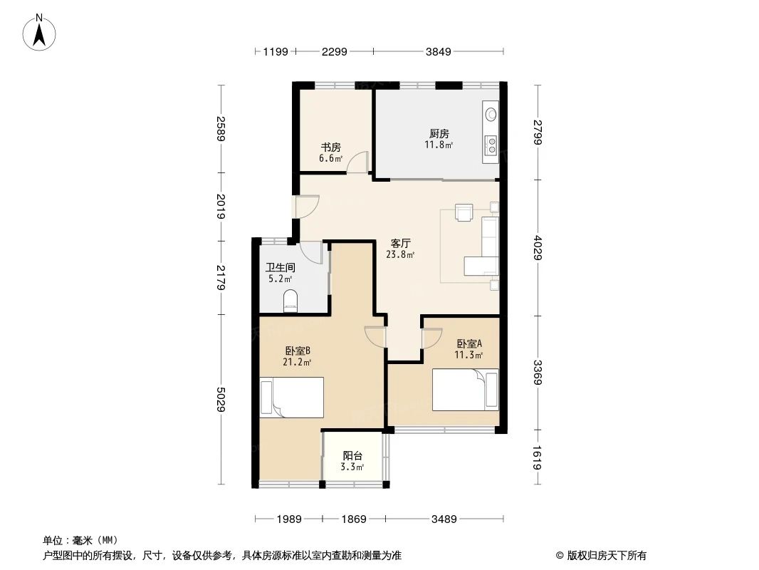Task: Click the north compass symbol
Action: (41, 32)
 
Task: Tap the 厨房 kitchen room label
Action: (439, 133)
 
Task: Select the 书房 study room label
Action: (330, 147)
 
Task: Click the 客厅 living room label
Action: (401, 243)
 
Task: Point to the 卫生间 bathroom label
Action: (280, 267)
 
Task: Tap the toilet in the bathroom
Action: (290, 300)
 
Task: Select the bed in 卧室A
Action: (466, 390)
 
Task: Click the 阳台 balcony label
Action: (352, 456)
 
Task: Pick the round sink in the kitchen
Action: (491, 113)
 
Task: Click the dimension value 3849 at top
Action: (439, 51)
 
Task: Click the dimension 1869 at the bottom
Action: (352, 519)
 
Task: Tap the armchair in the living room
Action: (464, 213)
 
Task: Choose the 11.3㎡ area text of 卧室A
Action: (470, 355)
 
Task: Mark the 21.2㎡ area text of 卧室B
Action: (297, 362)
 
